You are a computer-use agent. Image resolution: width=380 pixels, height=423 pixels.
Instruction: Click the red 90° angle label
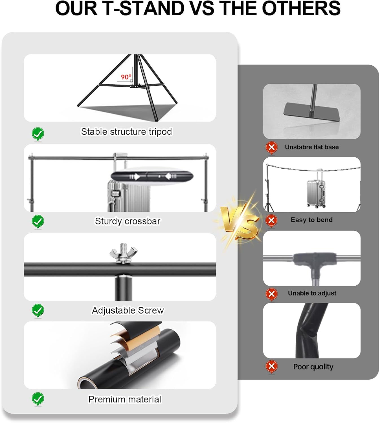pyautogui.click(x=126, y=77)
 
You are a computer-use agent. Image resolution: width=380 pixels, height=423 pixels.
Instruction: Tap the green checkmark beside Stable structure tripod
pyautogui.click(x=38, y=134)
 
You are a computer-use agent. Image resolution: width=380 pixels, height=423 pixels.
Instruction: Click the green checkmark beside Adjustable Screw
pyautogui.click(x=38, y=310)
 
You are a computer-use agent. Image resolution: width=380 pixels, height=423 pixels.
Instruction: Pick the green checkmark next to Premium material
pyautogui.click(x=38, y=399)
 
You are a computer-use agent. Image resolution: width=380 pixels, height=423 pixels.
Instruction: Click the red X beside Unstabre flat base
pyautogui.click(x=272, y=147)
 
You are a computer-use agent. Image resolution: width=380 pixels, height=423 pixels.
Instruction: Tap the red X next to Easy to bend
pyautogui.click(x=272, y=221)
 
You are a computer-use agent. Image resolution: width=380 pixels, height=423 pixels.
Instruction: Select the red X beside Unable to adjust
pyautogui.click(x=272, y=294)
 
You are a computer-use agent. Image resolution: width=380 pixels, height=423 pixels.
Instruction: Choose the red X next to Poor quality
pyautogui.click(x=272, y=367)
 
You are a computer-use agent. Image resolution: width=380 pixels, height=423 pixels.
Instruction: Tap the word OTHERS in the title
pyautogui.click(x=301, y=8)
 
